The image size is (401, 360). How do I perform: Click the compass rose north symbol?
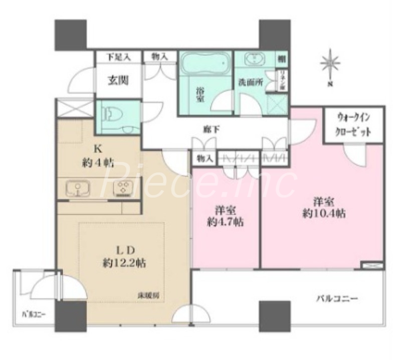[330, 65]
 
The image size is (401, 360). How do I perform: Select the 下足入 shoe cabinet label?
[118, 57]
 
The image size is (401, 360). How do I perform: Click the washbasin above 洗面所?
[255, 59]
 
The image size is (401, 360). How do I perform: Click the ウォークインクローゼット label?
[354, 126]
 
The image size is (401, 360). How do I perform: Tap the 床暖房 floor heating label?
[149, 294]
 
